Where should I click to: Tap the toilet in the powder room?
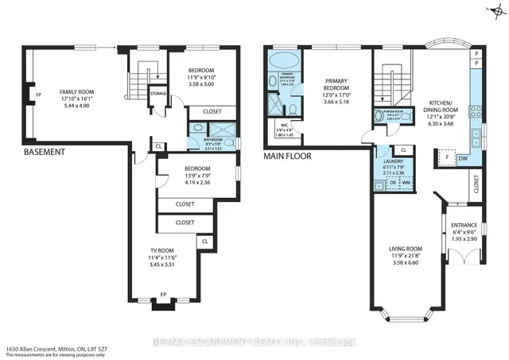[406, 118]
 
